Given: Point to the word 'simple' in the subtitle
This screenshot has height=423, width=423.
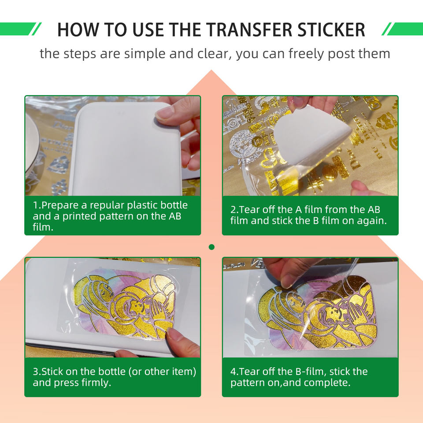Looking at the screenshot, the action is (x=145, y=53).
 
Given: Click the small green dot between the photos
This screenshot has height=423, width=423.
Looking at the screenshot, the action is (x=211, y=247).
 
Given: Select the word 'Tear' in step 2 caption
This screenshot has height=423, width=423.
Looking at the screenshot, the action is (x=251, y=209).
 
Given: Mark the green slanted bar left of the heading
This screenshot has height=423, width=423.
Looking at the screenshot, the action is (x=21, y=29).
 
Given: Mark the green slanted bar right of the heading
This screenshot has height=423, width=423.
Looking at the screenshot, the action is (x=402, y=29).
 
